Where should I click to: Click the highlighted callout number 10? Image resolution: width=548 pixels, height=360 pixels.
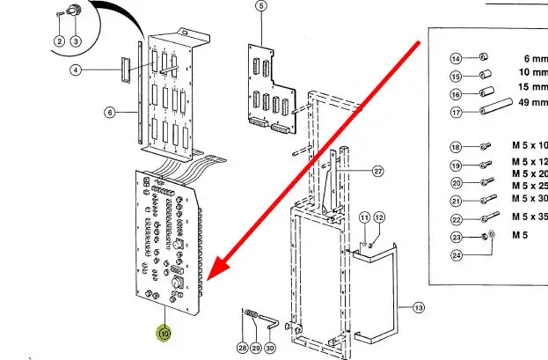[164, 334]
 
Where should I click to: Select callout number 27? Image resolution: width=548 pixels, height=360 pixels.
[378, 171]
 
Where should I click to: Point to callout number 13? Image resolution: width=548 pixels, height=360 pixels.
[417, 307]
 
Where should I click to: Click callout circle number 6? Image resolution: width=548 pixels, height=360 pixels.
[110, 113]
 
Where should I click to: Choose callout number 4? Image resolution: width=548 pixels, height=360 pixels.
[76, 70]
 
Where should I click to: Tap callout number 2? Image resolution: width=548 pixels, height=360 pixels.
[60, 40]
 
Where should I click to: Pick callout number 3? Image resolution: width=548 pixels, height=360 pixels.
[76, 40]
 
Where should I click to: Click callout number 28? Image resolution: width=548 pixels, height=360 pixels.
[242, 349]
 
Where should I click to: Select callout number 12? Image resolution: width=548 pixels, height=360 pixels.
[380, 217]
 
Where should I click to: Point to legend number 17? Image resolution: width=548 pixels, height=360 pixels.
[457, 111]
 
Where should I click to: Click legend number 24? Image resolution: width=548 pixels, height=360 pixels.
[457, 254]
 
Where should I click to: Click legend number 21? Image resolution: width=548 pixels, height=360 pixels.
[457, 201]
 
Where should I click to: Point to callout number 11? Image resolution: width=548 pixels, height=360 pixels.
[364, 217]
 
